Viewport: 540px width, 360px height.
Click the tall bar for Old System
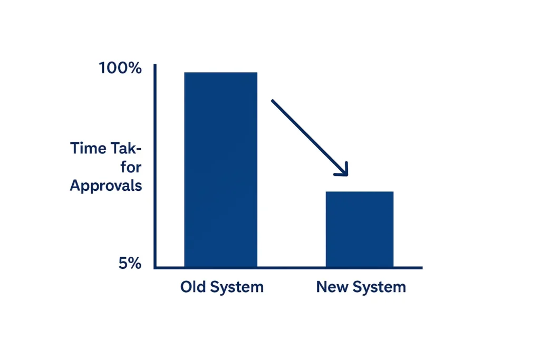pyautogui.click(x=221, y=169)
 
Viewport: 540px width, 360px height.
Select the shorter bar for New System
pyautogui.click(x=360, y=229)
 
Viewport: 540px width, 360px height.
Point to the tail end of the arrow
pyautogui.click(x=272, y=101)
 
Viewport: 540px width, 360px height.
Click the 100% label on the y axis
pyautogui.click(x=120, y=68)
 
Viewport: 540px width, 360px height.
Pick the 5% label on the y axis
pyautogui.click(x=130, y=264)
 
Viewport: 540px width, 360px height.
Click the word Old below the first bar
pyautogui.click(x=193, y=286)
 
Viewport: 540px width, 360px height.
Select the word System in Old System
pyautogui.click(x=237, y=287)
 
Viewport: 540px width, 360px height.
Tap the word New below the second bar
pyautogui.click(x=332, y=287)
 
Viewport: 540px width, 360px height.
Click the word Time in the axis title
pyautogui.click(x=88, y=148)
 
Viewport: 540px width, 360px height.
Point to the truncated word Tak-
pyautogui.click(x=126, y=148)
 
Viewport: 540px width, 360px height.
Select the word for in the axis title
pyautogui.click(x=131, y=167)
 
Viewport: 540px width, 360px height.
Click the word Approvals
pyautogui.click(x=106, y=186)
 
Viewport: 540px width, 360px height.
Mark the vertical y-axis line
pyautogui.click(x=155, y=166)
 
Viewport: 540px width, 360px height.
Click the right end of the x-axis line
pyautogui.click(x=422, y=267)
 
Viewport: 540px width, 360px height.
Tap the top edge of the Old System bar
pyautogui.click(x=221, y=73)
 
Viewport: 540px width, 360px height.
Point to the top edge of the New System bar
pyautogui.click(x=360, y=192)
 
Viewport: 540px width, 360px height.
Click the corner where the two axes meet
pyautogui.click(x=155, y=267)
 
